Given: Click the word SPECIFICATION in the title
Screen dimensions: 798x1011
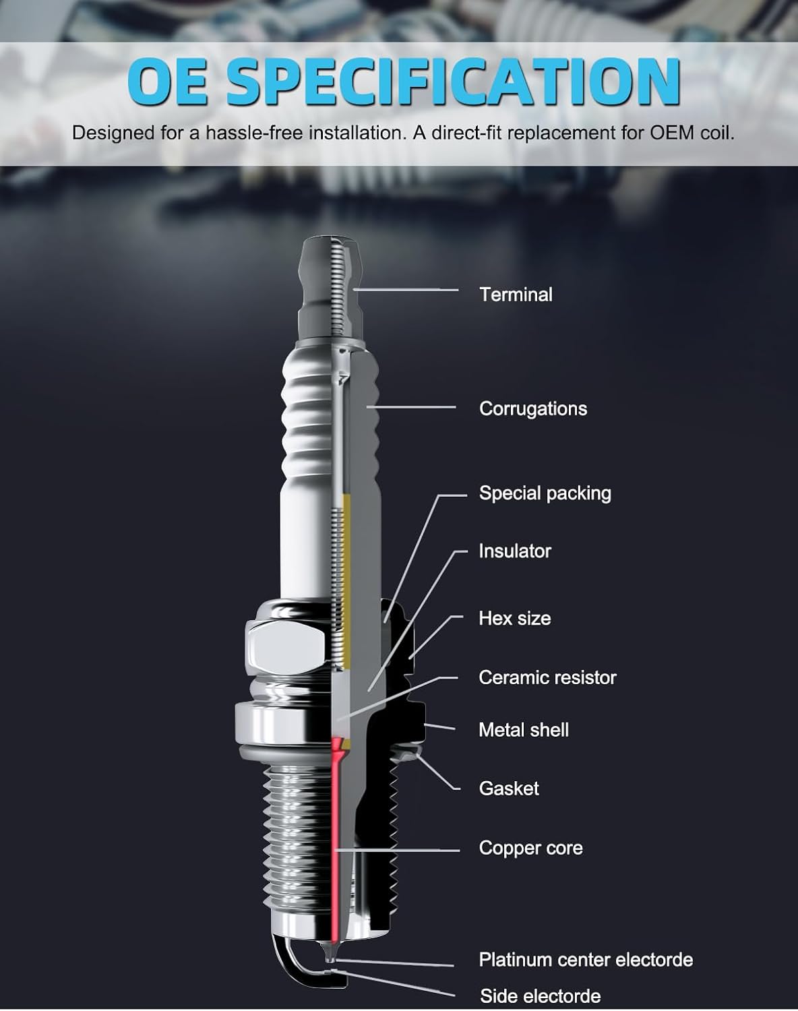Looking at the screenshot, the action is point(452,82).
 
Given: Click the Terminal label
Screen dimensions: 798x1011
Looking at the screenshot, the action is point(516,295).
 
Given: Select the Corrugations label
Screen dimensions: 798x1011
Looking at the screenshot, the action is point(532,408).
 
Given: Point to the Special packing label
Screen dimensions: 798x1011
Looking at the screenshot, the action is point(545,493).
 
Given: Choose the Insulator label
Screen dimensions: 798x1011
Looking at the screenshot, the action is point(514,551).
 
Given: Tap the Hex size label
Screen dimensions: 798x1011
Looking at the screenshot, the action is point(514,618).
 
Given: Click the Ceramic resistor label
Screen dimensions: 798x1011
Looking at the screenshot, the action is point(547,677).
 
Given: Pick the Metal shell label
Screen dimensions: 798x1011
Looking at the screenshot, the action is point(523,730).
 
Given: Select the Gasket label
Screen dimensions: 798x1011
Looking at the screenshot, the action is point(508,789).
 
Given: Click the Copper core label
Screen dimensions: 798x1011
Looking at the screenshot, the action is point(530,848).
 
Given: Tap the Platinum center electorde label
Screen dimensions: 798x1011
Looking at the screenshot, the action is point(585,960).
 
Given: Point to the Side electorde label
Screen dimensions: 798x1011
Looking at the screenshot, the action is point(540,996).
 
